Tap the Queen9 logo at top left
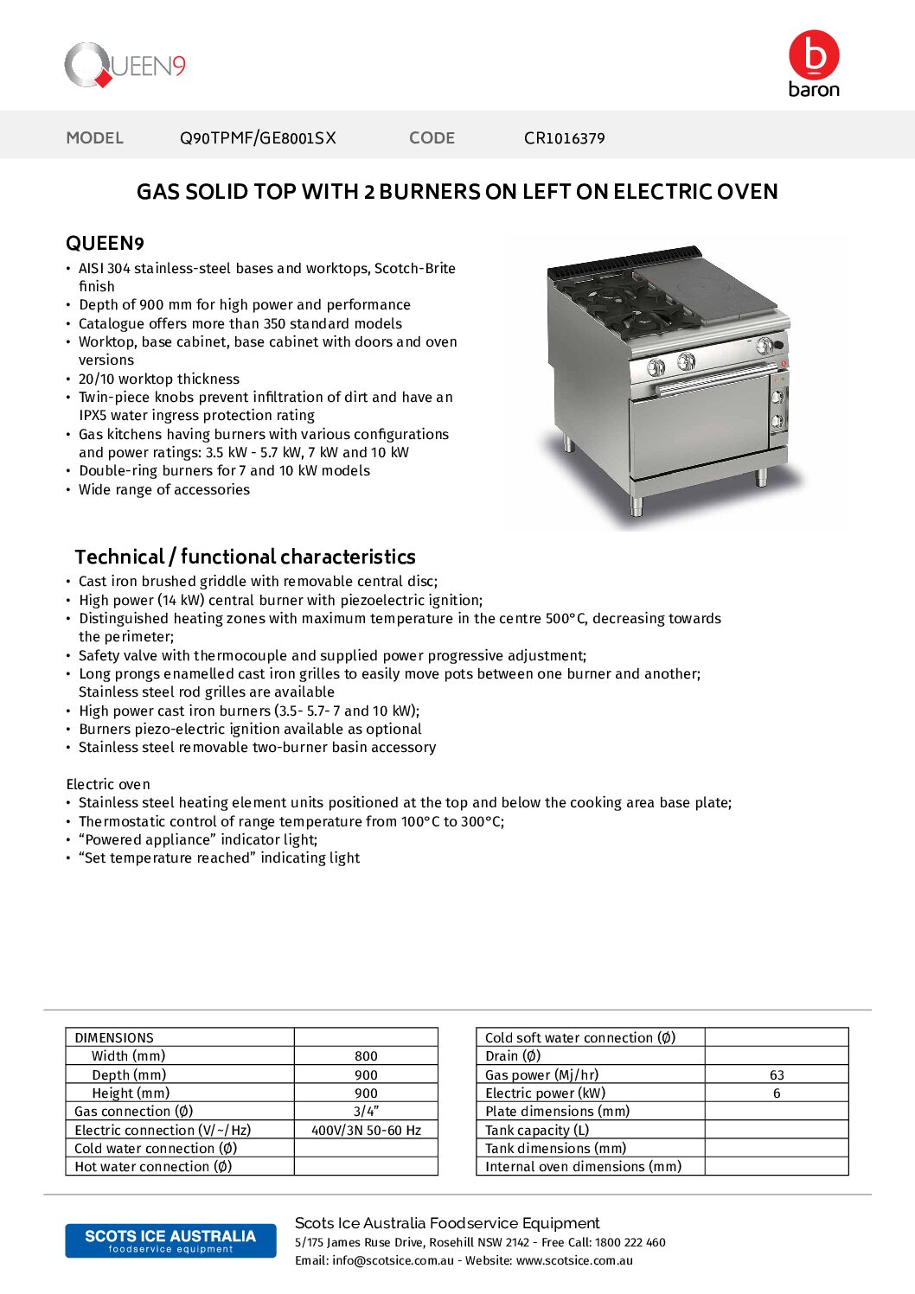[125, 66]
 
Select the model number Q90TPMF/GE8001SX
[258, 138]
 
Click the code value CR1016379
[564, 138]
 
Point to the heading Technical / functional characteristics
[245, 557]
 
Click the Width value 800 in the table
[366, 1056]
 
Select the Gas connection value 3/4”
[366, 1112]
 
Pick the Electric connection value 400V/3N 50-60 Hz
[366, 1131]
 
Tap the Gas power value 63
[777, 1075]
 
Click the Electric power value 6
[777, 1093]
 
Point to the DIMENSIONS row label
[114, 1038]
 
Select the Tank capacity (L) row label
[537, 1131]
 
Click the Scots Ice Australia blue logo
[170, 1240]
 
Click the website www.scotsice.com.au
[574, 1261]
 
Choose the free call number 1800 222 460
[630, 1243]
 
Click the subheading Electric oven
[108, 785]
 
